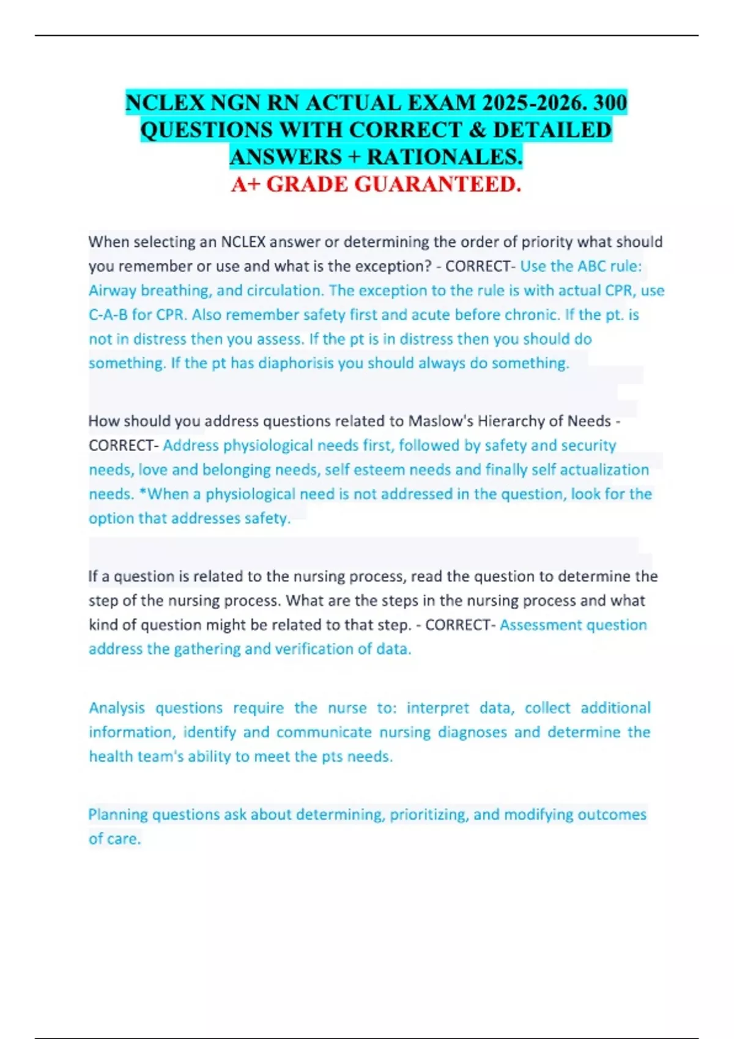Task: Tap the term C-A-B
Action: tap(108, 315)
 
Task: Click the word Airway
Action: tap(113, 291)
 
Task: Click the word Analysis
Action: tap(117, 708)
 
